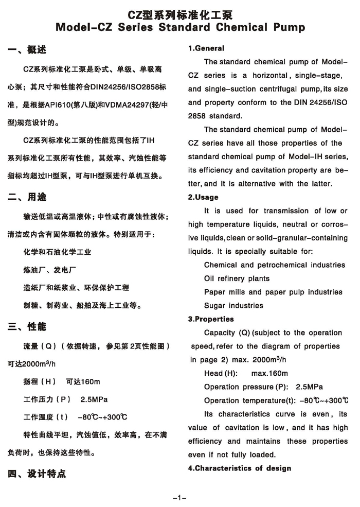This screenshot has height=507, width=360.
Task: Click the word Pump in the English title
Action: click(285, 27)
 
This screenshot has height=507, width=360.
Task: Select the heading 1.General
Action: click(206, 48)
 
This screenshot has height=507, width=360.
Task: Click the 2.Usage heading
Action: click(203, 197)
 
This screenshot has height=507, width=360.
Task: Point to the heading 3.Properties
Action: click(211, 319)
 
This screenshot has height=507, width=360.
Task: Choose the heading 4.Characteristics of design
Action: click(240, 468)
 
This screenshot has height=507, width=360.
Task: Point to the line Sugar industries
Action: click(233, 305)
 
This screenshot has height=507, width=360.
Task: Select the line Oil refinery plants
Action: click(237, 278)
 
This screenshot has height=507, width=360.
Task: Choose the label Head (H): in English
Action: click(221, 373)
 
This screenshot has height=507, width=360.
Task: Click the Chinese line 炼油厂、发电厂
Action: click(50, 270)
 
